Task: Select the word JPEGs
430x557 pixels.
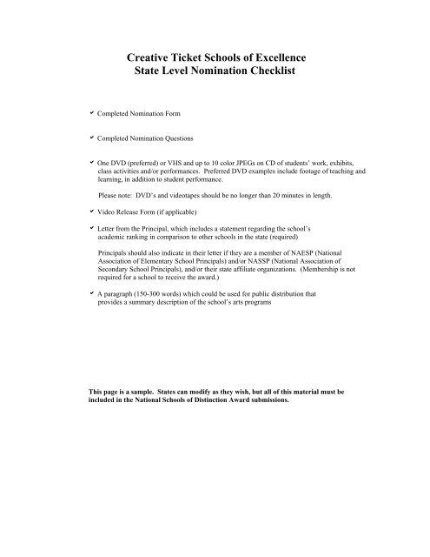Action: [x=258, y=163]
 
